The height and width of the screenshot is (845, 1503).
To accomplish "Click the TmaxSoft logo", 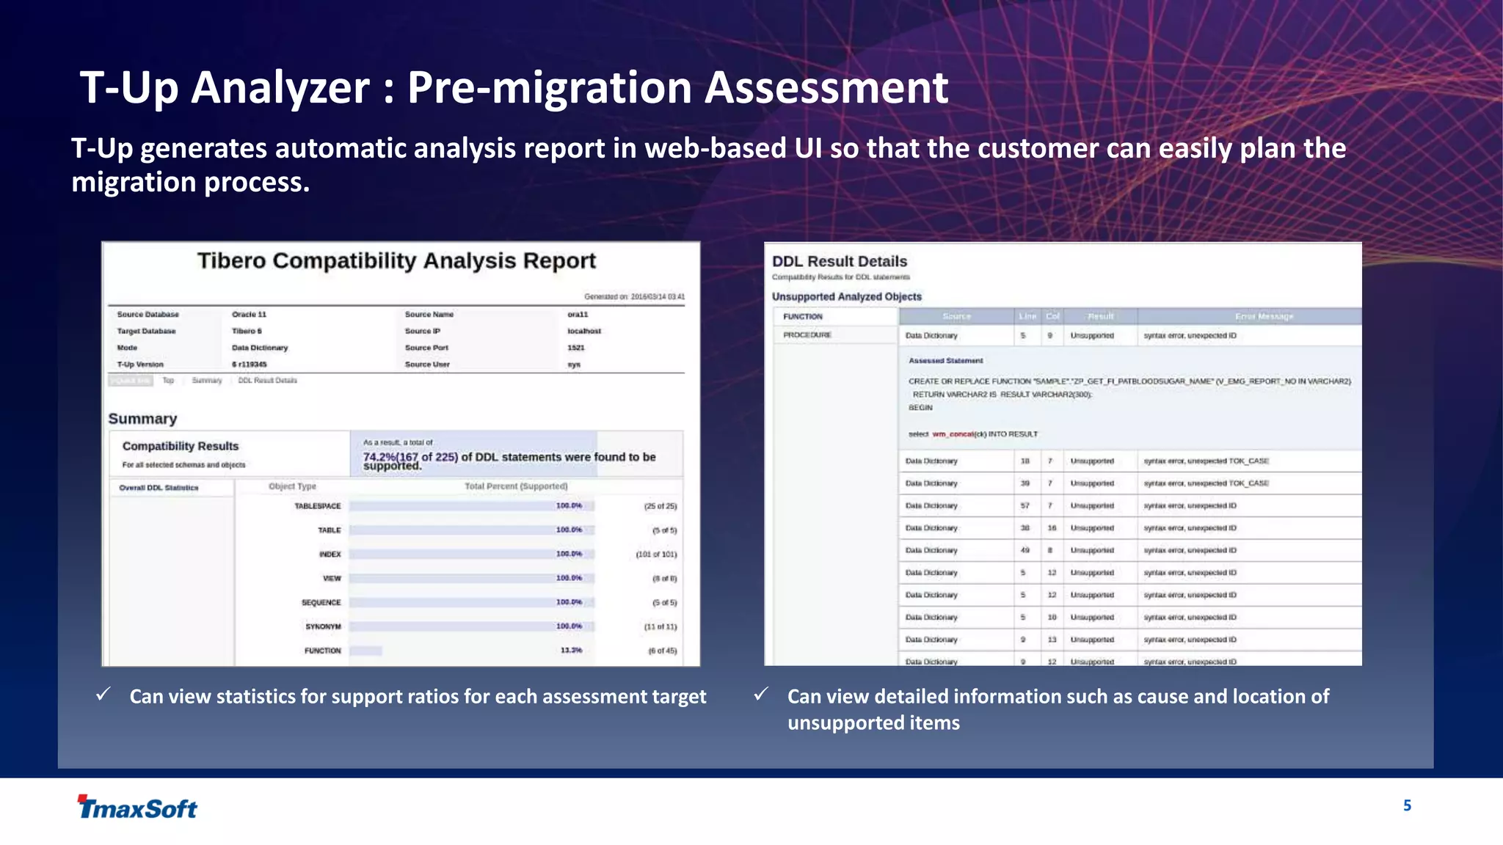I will [137, 807].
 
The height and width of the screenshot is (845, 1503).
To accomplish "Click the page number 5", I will [1407, 805].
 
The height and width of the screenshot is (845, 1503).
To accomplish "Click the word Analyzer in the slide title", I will [280, 88].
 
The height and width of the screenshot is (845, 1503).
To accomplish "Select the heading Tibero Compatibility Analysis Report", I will [396, 261].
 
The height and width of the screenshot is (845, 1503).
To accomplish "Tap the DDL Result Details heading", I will [839, 262].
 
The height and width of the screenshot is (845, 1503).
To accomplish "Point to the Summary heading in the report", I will [142, 419].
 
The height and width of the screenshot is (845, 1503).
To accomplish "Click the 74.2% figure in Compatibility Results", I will [379, 457].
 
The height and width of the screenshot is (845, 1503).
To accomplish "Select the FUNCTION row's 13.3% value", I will [571, 651].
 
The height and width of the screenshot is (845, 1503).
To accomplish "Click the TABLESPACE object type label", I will [317, 506].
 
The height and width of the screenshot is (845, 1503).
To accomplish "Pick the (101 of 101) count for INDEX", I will [656, 555].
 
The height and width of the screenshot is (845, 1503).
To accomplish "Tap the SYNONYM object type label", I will [323, 627].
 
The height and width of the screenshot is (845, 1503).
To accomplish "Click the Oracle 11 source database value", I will [249, 315].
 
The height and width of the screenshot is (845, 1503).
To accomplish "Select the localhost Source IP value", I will [583, 332].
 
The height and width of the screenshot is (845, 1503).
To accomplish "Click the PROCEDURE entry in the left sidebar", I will [807, 335].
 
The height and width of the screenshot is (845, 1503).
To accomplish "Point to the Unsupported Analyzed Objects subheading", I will [846, 297].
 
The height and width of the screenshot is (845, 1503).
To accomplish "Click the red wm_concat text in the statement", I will [953, 434].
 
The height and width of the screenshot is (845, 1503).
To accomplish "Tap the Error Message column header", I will [1264, 317].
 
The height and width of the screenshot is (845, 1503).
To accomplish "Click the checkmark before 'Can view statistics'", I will [103, 694].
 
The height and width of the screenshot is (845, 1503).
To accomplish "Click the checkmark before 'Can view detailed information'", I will [761, 694].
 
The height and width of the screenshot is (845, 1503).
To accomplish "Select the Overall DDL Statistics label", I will [159, 488].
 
